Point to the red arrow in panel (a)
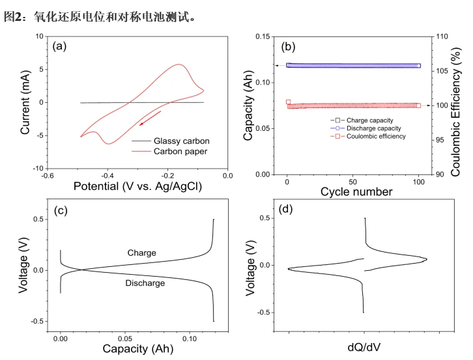149,118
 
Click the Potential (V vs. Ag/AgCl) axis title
137,186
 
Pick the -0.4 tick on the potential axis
107,175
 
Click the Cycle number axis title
356,192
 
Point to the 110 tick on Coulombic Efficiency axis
440,36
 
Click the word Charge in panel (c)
141,253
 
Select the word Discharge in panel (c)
144,283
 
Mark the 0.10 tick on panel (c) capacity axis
190,339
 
